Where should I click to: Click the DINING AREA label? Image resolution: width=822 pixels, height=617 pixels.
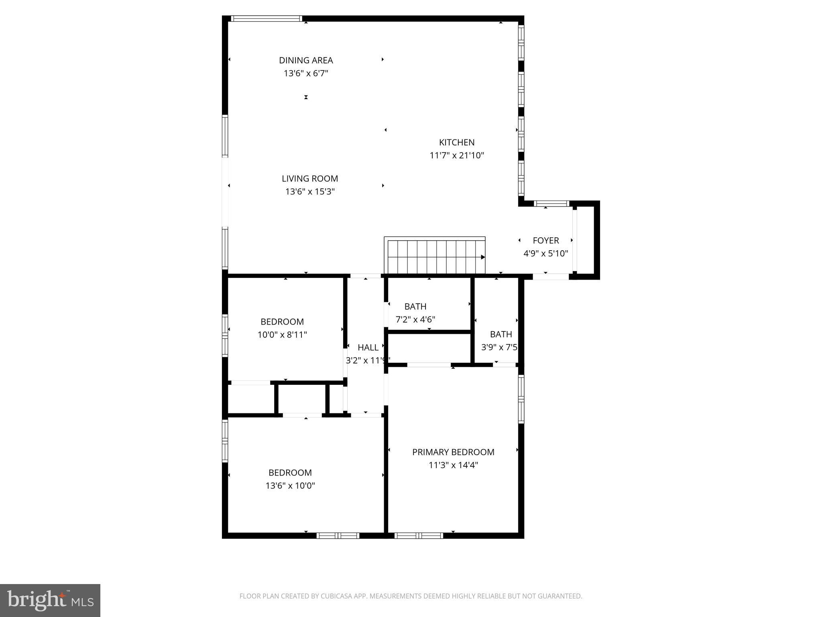[306, 60]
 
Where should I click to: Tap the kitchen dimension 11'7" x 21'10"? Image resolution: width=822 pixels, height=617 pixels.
[457, 155]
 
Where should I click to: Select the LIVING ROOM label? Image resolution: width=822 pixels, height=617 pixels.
[309, 178]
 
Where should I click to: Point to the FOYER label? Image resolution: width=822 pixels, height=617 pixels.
[545, 240]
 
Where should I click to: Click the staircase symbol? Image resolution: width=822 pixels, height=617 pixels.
[435, 255]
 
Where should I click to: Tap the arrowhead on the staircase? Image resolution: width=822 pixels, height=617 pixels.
[483, 257]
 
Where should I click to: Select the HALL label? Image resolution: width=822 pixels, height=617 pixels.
[368, 347]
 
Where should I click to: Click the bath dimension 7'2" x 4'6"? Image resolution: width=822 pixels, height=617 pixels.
[415, 320]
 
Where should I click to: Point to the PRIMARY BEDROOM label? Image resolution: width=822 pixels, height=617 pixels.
[453, 452]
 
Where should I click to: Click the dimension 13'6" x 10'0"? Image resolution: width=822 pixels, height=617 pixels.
[290, 486]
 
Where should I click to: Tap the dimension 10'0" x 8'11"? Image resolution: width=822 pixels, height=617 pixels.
[282, 335]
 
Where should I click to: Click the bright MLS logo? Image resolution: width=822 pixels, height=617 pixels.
[50, 601]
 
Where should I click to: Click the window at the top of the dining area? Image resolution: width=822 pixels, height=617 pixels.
[267, 18]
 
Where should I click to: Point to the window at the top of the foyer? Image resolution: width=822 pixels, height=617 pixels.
[551, 204]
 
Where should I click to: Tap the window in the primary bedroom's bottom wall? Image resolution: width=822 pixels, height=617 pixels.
[419, 535]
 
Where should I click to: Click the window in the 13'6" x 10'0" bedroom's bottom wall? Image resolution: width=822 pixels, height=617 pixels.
[338, 535]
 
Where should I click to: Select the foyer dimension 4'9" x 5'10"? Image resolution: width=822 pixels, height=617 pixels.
[545, 253]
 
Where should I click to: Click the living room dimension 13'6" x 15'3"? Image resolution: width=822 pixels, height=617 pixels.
[309, 192]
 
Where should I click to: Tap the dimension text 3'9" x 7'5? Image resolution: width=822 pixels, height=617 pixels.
[499, 347]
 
